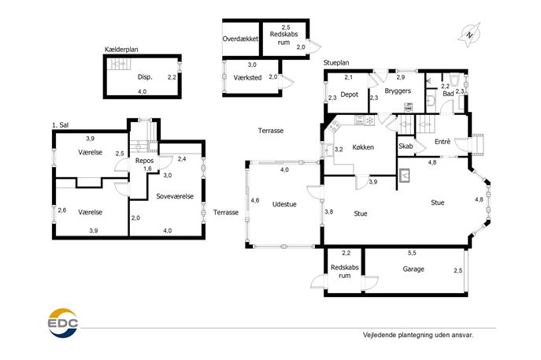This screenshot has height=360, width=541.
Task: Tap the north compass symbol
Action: coord(469,34)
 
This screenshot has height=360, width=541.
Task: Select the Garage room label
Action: coord(413,269)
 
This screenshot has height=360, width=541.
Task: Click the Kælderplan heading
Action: coord(121,50)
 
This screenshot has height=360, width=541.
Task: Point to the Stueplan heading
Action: coord(336,62)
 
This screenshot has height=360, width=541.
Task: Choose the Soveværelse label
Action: coord(175,196)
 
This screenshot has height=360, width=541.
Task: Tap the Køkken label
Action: coord(362,147)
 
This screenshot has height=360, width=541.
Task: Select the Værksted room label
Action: coord(247,77)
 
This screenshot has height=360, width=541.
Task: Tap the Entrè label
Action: coord(442,142)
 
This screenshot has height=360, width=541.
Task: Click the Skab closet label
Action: coord(406,147)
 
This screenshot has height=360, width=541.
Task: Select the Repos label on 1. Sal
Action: coord(143,160)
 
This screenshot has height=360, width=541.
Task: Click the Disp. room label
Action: coord(145,77)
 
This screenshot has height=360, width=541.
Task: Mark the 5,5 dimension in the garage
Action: coord(411,253)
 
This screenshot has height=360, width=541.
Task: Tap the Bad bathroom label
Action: coord(448,94)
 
